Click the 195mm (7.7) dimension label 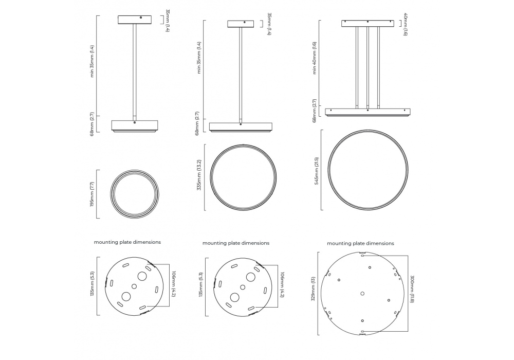click(x=92, y=194)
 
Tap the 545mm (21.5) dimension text click(x=317, y=171)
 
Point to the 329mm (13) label click(x=313, y=288)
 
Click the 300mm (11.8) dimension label click(x=412, y=289)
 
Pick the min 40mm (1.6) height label click(x=315, y=58)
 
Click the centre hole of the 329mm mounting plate click(x=362, y=294)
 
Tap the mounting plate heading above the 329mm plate click(x=360, y=243)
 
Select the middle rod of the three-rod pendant click(x=368, y=67)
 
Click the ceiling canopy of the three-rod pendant click(x=368, y=23)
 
